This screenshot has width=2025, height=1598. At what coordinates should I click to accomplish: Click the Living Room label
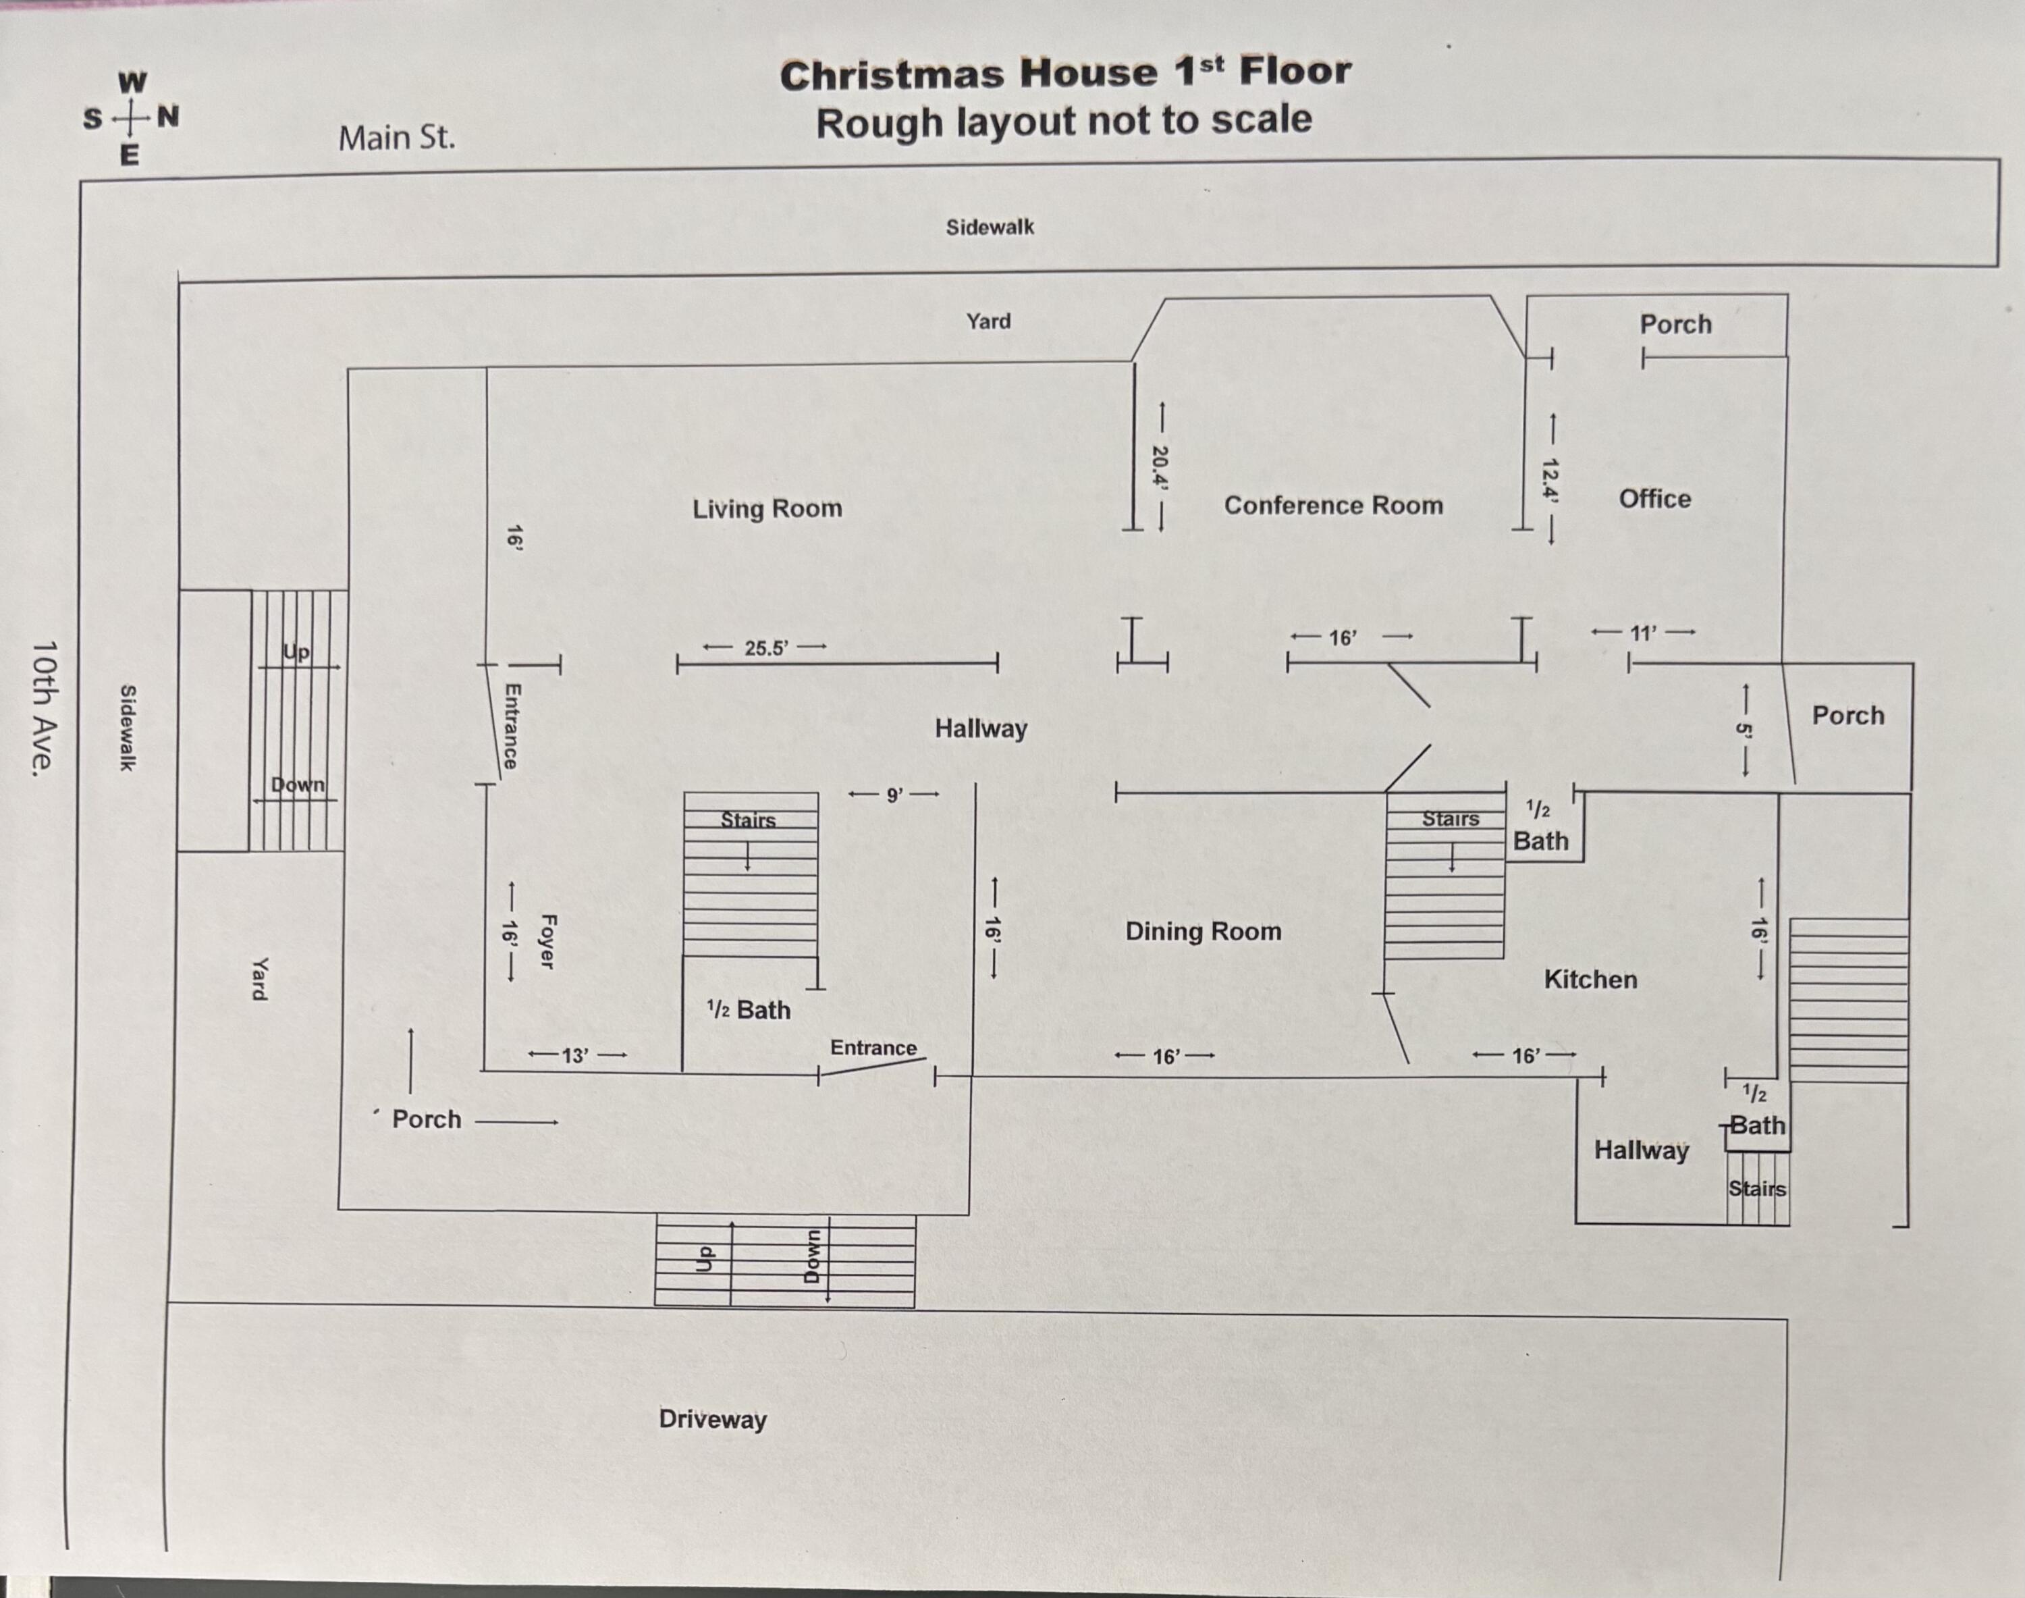(x=767, y=509)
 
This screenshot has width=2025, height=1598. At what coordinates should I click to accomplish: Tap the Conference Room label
(x=1334, y=505)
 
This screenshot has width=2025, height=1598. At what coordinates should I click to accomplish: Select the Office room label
(x=1654, y=499)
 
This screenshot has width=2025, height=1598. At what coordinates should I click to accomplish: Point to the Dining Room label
(x=1203, y=931)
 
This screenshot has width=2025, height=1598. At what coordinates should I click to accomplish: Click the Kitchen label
(x=1590, y=980)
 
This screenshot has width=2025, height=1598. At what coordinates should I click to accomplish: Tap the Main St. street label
(x=397, y=138)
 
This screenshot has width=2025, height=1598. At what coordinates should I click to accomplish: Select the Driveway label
(x=713, y=1419)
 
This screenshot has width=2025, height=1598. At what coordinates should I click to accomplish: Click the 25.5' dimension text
(x=766, y=648)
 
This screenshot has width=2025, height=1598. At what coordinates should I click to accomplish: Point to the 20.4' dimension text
(x=1160, y=467)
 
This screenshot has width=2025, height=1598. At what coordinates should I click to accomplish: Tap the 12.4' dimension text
(x=1550, y=480)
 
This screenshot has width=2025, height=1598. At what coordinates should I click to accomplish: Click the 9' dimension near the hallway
(x=894, y=795)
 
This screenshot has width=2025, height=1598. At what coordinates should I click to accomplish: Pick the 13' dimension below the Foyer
(x=575, y=1055)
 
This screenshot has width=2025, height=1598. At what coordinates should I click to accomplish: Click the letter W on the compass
(x=132, y=82)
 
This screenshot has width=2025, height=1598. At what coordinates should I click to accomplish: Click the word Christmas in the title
(x=892, y=76)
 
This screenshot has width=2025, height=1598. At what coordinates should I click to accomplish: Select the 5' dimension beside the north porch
(x=1744, y=730)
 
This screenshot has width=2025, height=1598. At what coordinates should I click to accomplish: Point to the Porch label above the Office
(x=1675, y=325)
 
